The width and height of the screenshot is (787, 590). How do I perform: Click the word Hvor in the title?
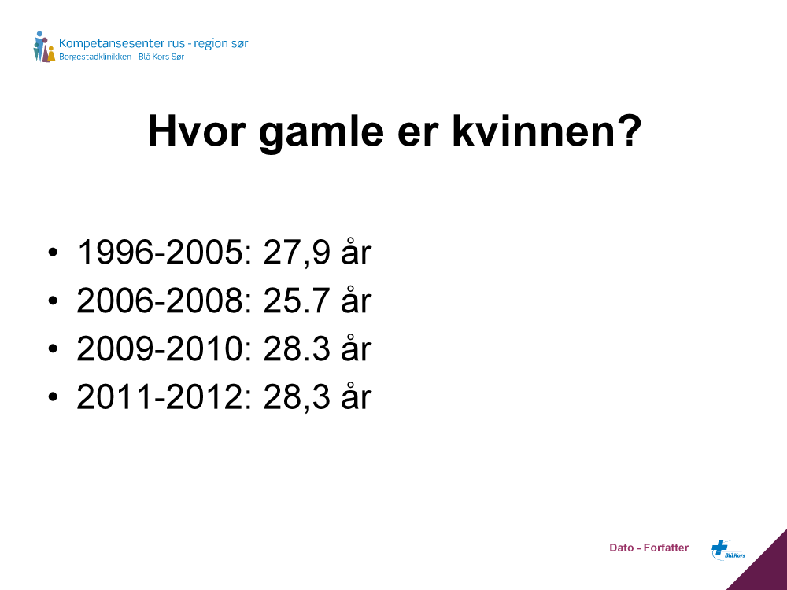[196, 131]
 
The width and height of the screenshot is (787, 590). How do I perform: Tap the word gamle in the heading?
[321, 133]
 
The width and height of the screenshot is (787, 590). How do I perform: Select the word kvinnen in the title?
[534, 131]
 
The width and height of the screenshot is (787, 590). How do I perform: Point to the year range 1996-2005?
[160, 252]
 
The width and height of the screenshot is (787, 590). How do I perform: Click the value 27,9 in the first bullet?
[296, 253]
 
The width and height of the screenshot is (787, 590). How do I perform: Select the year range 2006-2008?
[160, 301]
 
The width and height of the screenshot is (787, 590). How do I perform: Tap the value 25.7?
[296, 301]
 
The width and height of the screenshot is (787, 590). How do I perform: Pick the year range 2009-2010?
[160, 348]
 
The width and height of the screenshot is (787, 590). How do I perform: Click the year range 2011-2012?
[160, 396]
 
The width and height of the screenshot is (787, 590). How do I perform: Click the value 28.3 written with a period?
[296, 348]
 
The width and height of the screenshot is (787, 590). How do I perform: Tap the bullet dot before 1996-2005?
[54, 252]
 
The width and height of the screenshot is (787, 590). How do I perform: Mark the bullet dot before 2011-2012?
[54, 396]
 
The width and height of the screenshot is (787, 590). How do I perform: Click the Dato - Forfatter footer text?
[649, 548]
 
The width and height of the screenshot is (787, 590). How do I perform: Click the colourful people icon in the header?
[44, 46]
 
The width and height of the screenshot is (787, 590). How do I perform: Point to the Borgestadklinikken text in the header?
[95, 57]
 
